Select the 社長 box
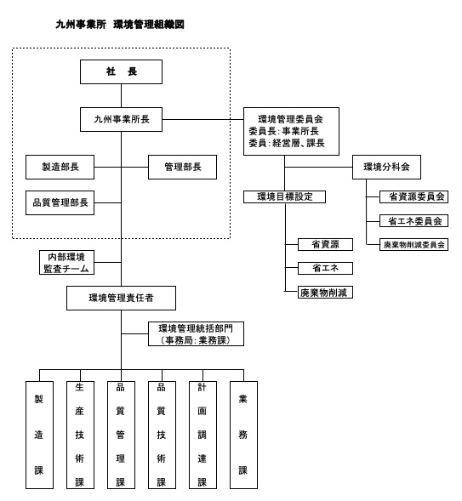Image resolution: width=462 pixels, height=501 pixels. point(121,72)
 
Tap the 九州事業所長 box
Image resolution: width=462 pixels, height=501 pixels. point(121,120)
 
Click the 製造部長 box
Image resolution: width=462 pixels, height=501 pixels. point(60,168)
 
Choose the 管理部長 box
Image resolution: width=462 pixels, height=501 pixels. point(182,168)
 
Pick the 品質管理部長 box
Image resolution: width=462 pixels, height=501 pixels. point(60,202)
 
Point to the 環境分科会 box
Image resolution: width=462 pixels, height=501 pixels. point(386,168)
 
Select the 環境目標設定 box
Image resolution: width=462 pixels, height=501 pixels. point(284,196)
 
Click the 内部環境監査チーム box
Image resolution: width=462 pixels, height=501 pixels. point(66,262)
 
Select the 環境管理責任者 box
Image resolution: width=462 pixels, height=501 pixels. point(121,298)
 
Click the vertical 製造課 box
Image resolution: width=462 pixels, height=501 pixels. point(39,434)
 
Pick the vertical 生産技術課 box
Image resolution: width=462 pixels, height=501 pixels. point(80,434)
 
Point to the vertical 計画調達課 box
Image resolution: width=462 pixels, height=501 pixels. point(202,434)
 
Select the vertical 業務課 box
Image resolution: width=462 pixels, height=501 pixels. point(243,434)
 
